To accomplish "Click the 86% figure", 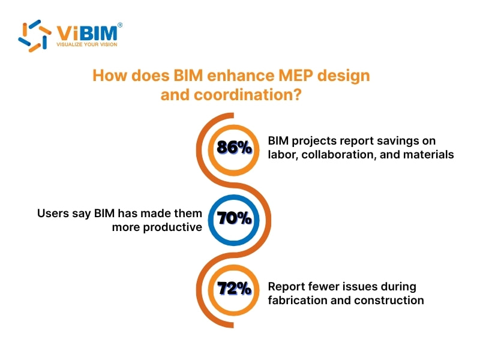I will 234,148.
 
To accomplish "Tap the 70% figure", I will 234,218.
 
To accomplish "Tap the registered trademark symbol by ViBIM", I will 121,25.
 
